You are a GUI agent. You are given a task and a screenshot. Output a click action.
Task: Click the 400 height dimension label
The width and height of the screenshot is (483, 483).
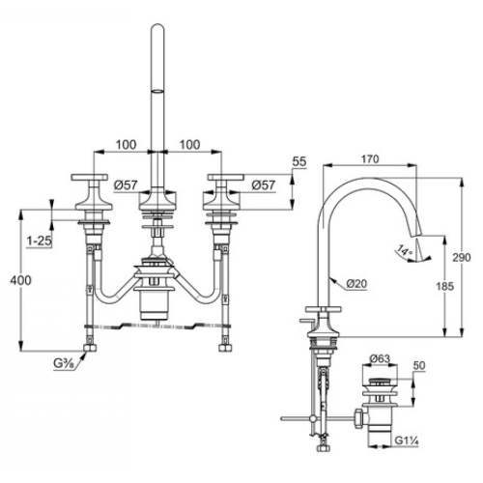point(21,280)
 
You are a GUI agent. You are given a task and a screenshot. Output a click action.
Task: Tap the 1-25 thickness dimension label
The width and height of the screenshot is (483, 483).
point(39,241)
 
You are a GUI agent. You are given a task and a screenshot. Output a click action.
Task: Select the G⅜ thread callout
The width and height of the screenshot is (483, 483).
point(64,364)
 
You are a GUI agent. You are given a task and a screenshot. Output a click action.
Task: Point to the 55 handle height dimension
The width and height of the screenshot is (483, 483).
point(299,161)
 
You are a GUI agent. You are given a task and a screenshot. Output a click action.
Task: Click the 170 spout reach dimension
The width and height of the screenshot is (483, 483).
point(370,159)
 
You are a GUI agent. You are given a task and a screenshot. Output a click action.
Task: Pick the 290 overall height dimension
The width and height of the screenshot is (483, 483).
point(462,258)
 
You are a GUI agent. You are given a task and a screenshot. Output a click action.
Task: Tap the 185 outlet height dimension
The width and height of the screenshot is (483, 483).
point(444,286)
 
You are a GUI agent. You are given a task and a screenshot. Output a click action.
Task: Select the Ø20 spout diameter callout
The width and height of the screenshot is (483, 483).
point(356,283)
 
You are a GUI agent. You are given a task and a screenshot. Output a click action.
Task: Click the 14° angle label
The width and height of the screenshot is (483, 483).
point(405,250)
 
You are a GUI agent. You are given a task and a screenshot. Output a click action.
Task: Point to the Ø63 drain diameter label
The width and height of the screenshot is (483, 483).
point(380,358)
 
